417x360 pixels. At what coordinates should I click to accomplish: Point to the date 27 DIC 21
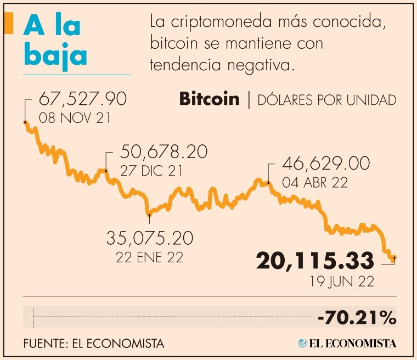click(x=151, y=171)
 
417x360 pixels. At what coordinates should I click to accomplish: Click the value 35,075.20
click(x=150, y=238)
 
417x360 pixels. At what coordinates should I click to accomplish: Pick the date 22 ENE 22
click(x=149, y=257)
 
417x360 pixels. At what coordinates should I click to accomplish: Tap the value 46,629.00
click(x=325, y=164)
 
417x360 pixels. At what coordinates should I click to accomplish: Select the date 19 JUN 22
click(x=342, y=282)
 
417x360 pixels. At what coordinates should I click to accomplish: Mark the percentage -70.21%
click(x=357, y=317)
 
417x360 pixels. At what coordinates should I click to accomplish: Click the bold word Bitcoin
click(x=209, y=99)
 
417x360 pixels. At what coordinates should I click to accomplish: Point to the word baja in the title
click(x=55, y=55)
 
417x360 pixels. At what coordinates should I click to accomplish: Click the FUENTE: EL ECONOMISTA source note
click(x=94, y=344)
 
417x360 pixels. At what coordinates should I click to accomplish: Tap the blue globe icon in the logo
click(x=302, y=344)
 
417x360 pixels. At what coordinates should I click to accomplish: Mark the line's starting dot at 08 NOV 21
click(x=25, y=122)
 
